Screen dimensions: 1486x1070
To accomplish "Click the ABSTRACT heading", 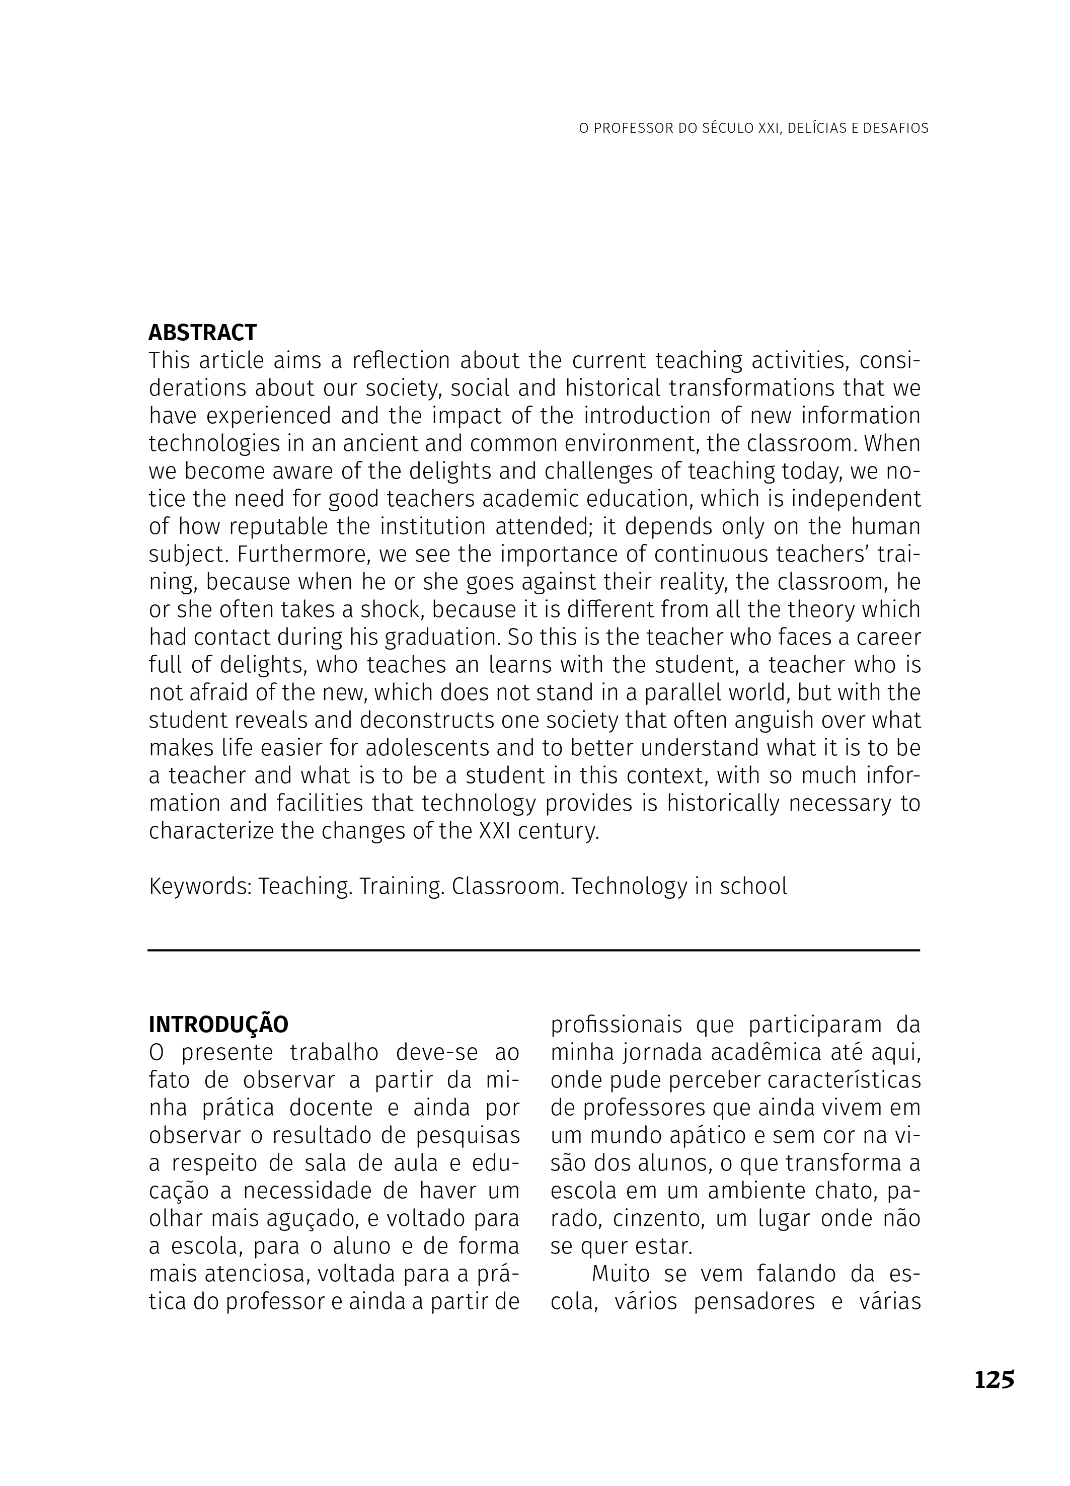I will click(202, 333).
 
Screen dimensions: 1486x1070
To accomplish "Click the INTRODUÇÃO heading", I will click(218, 1025).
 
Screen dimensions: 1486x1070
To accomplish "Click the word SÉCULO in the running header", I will click(727, 128).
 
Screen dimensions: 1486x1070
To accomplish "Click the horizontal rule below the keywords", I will click(534, 950).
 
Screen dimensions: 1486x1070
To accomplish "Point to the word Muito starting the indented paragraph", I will click(620, 1274).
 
